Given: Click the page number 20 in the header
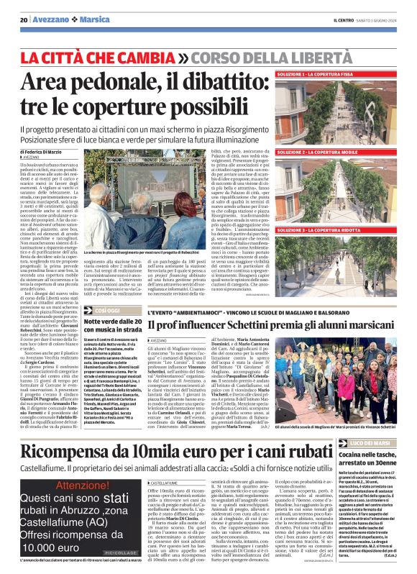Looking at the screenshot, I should tap(24, 19).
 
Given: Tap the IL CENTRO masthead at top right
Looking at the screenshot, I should tap(344, 19).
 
